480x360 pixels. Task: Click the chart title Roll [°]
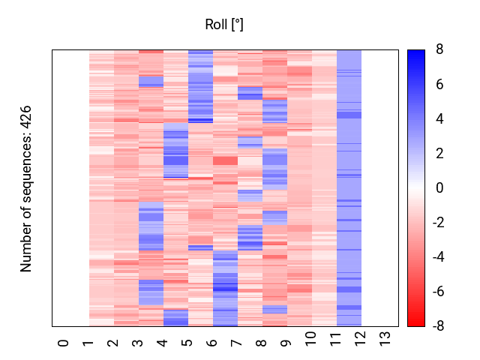coord(224,25)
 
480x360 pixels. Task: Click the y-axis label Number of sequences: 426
coord(27,188)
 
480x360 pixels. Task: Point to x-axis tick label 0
coord(64,343)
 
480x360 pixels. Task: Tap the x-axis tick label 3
coord(138,343)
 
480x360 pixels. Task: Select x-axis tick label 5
coord(187,343)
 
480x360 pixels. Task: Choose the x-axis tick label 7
coord(237,343)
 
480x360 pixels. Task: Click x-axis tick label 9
coord(286,343)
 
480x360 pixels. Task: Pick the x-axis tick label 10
coord(311,344)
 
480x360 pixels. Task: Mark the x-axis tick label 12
coord(361,344)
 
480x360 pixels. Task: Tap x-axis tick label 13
coord(385,344)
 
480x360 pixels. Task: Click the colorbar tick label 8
coord(439,50)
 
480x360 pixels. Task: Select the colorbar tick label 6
coord(439,85)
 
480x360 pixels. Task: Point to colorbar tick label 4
coord(439,119)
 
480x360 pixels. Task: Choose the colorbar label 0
coord(439,188)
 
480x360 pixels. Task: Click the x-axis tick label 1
coord(88,343)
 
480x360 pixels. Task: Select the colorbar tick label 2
coord(439,154)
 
